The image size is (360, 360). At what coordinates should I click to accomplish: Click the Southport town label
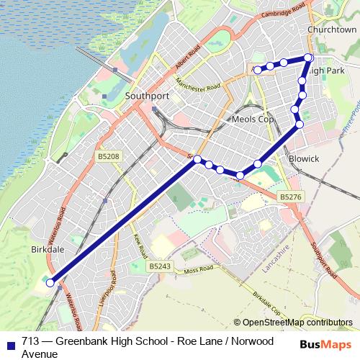(x=148, y=94)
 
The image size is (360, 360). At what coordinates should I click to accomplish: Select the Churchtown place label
(x=331, y=30)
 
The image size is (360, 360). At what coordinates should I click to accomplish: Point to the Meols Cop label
(x=254, y=118)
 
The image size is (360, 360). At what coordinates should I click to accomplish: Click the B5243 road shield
(x=161, y=266)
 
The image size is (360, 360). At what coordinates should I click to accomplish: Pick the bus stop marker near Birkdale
(x=50, y=283)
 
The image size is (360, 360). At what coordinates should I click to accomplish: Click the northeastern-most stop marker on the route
(x=308, y=58)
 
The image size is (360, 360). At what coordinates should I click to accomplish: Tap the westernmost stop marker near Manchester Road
(x=258, y=69)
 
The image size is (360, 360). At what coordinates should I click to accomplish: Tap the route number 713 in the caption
(x=31, y=342)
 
